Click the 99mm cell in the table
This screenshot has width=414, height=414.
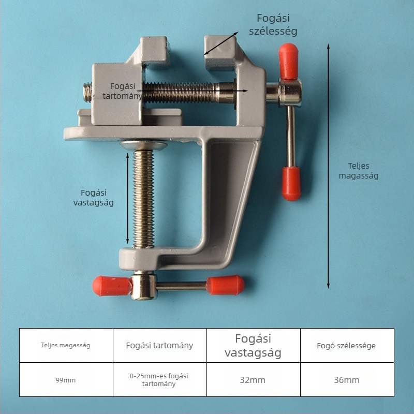tap(66, 380)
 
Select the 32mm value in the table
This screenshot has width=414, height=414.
tap(253, 380)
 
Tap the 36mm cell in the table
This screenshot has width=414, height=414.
tap(347, 380)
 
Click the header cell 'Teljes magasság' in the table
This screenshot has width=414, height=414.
tap(66, 345)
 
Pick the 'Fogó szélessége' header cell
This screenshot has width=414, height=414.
tap(347, 345)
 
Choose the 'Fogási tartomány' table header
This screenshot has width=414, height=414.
tap(159, 345)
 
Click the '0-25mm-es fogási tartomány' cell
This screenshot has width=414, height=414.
tap(159, 380)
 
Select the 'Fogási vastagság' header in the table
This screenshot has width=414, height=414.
tap(253, 345)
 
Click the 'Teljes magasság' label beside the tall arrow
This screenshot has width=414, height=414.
tap(359, 171)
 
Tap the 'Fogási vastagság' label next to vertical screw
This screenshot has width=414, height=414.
tap(94, 198)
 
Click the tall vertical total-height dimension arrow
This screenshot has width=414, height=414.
tap(328, 166)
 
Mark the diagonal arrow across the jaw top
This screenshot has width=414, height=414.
tap(221, 43)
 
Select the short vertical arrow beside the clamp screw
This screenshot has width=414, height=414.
tap(127, 199)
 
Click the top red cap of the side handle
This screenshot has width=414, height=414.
tap(289, 61)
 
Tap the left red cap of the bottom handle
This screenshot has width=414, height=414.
tap(112, 286)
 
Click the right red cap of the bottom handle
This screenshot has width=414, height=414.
tap(225, 285)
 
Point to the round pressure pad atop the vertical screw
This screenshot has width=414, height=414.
tap(144, 145)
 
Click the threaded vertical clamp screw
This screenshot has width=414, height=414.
tap(143, 199)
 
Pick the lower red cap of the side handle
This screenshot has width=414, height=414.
tap(291, 184)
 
